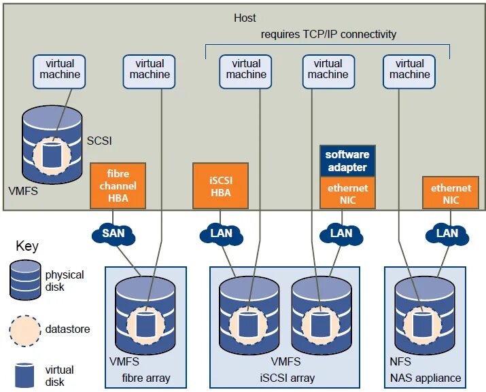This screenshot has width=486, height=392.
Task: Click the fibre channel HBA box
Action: [x=118, y=185]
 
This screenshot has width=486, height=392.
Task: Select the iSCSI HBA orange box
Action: [x=220, y=185]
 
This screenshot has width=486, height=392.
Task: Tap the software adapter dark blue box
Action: [x=347, y=161]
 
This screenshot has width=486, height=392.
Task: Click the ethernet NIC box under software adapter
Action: [x=347, y=193]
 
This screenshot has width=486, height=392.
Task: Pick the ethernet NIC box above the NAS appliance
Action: [x=451, y=193]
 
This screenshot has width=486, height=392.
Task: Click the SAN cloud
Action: [x=114, y=234]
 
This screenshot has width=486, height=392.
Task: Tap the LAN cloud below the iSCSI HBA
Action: [x=222, y=234]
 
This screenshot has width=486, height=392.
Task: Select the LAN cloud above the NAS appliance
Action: [x=447, y=234]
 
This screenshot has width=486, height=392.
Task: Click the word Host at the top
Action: [x=245, y=18]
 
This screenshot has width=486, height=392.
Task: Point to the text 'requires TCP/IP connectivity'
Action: [x=328, y=34]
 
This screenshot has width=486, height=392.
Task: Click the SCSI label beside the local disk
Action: [x=99, y=141]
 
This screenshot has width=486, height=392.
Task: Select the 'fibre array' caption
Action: [x=146, y=378]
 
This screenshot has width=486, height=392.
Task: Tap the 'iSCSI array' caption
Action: [x=288, y=378]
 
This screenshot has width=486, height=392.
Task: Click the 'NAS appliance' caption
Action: [x=426, y=378]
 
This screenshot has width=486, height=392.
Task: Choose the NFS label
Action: [x=400, y=361]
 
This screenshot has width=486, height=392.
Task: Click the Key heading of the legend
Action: [x=27, y=247]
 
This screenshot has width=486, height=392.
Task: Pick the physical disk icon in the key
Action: [x=25, y=280]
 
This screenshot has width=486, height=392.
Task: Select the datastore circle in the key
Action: [x=25, y=331]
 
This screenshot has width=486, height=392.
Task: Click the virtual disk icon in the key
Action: [x=24, y=375]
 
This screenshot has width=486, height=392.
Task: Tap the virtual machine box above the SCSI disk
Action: [x=59, y=71]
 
